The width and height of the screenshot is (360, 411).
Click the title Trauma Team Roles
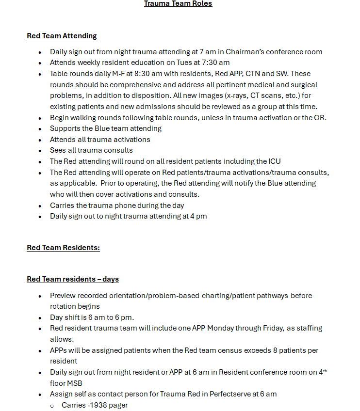178,4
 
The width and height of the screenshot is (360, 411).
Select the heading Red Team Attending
62,35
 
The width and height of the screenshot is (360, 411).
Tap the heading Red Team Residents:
63,248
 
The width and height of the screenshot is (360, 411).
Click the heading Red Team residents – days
72,279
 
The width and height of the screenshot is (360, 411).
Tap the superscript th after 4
325,371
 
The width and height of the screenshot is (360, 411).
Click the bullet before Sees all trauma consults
39,150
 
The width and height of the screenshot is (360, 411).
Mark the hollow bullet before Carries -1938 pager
52,405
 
